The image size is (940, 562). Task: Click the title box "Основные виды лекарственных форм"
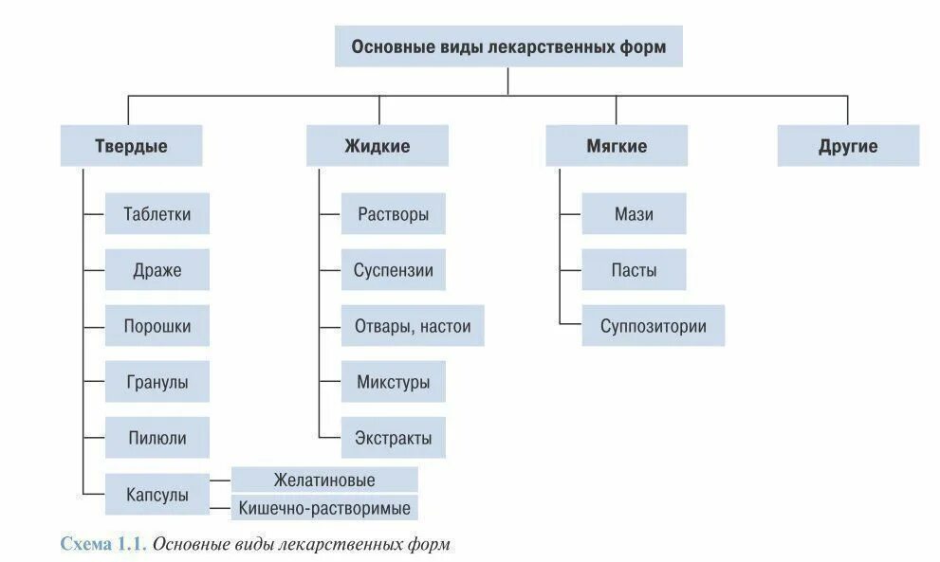(508, 46)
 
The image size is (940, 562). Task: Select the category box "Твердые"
(131, 146)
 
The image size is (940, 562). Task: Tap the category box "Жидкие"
(377, 146)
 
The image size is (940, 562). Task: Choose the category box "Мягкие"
(617, 146)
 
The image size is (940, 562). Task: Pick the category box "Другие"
(848, 146)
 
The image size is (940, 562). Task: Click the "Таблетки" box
(157, 214)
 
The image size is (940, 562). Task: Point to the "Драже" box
(157, 270)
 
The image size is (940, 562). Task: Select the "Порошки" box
(157, 326)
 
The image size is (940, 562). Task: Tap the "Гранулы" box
(157, 382)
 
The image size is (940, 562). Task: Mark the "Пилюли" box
(157, 438)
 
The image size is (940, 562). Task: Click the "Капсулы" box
(157, 494)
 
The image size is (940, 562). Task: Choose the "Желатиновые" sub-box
(323, 480)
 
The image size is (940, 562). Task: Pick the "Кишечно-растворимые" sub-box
(323, 508)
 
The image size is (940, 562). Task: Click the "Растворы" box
(394, 214)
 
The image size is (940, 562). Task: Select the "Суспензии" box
(394, 270)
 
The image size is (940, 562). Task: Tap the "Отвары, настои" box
(413, 326)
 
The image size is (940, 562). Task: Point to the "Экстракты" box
(394, 438)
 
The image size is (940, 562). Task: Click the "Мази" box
(634, 214)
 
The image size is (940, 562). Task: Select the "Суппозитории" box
(653, 326)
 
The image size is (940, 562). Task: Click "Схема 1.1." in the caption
(103, 545)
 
